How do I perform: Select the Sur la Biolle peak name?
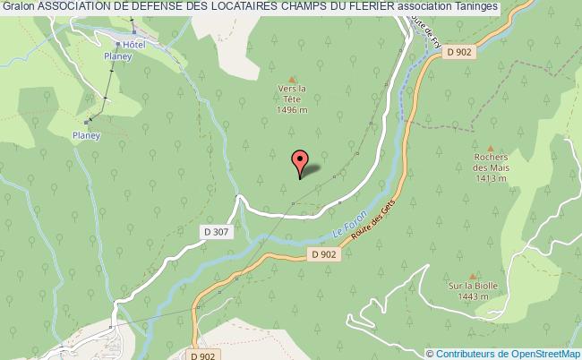[473, 287]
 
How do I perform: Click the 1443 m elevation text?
[473, 296]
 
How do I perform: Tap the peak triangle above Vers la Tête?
[292, 78]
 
